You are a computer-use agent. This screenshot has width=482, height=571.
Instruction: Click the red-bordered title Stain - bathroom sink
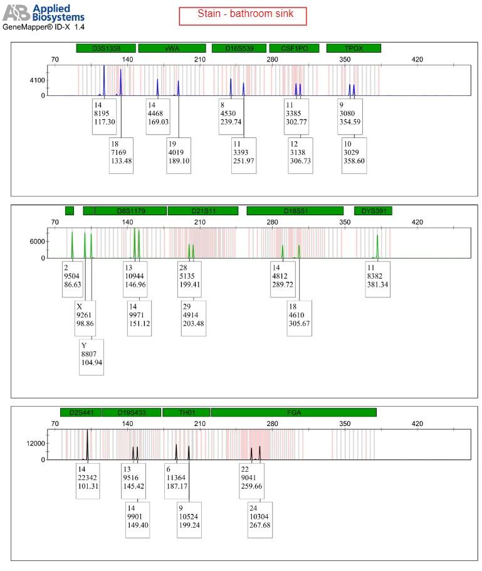(243, 16)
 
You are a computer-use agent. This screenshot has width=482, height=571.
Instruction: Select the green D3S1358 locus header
(106, 48)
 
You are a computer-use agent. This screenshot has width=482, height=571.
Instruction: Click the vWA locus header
(172, 48)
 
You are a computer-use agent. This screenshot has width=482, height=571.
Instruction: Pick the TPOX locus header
(354, 48)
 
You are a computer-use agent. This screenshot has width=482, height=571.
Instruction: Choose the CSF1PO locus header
(294, 48)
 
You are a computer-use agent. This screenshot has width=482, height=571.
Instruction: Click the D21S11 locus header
(202, 211)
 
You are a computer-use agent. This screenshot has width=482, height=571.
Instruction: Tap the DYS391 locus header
(373, 211)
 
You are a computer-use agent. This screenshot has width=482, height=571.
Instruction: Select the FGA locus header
(293, 412)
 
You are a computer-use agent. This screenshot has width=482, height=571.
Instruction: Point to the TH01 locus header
(186, 412)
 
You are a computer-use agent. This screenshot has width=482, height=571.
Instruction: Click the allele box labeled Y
(91, 357)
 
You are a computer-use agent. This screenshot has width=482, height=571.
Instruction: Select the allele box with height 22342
(88, 481)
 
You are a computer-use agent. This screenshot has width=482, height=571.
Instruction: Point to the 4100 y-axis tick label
(37, 81)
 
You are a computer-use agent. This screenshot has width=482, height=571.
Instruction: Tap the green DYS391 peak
(378, 247)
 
